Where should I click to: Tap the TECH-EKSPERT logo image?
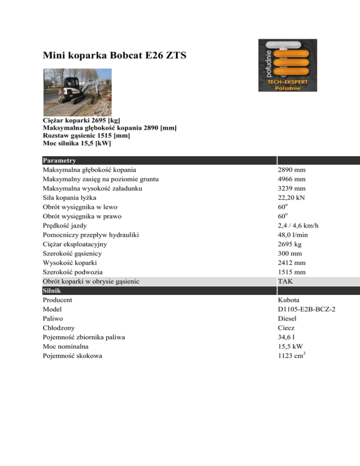pyautogui.click(x=287, y=65)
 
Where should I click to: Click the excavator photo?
pyautogui.click(x=78, y=86)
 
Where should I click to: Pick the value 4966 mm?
pyautogui.click(x=292, y=179)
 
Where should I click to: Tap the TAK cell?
pyautogui.click(x=285, y=281)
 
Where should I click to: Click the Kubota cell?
pyautogui.click(x=289, y=300)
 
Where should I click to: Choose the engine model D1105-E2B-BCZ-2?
pyautogui.click(x=308, y=309)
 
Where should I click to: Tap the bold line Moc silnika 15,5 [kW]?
pyautogui.click(x=77, y=143)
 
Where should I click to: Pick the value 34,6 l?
pyautogui.click(x=287, y=337)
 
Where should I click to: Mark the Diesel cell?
pyautogui.click(x=287, y=318)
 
